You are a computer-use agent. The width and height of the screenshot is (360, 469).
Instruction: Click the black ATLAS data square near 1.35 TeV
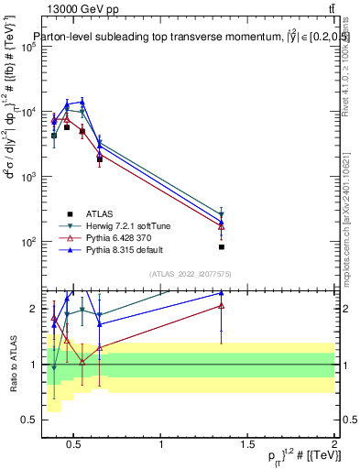222,246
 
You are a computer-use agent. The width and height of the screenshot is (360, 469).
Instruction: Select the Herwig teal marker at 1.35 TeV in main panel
222,215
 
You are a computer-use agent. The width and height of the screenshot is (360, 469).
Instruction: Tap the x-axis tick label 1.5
247,446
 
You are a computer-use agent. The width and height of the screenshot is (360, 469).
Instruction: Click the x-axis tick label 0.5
75,446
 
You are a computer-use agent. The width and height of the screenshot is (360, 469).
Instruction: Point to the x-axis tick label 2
333,446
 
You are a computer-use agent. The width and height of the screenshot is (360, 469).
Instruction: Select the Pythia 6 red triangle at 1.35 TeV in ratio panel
222,305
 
